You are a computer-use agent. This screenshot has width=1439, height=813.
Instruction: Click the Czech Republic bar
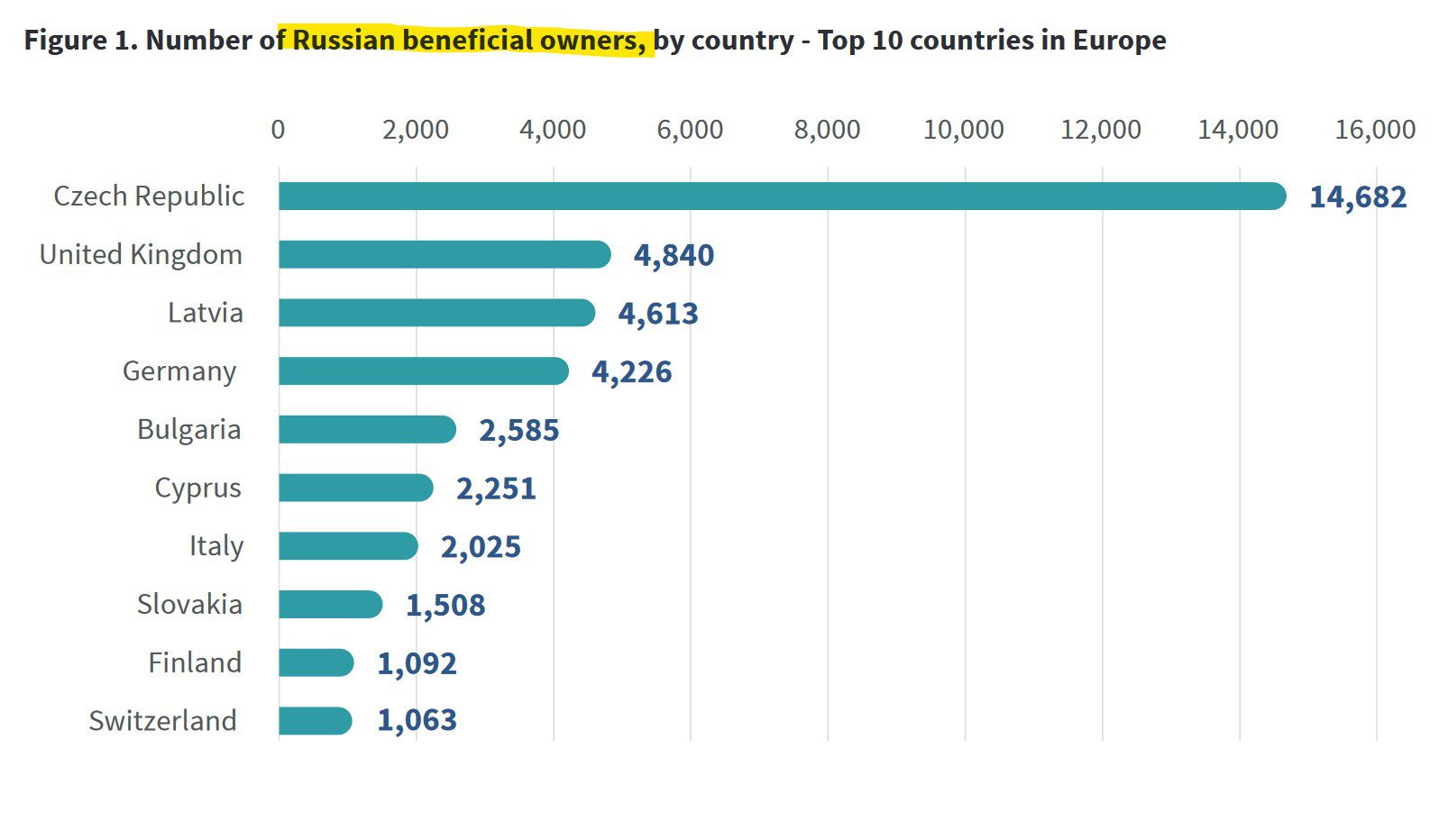(782, 196)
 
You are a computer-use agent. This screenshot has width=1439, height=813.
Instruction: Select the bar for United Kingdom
(444, 254)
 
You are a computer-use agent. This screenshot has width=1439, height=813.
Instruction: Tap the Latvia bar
(436, 313)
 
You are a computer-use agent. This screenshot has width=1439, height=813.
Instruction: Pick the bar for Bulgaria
(367, 429)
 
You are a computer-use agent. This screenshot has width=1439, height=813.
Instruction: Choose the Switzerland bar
(315, 721)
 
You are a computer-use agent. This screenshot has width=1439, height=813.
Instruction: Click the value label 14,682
(1357, 196)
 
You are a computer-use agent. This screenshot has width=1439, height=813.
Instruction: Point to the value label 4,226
(631, 371)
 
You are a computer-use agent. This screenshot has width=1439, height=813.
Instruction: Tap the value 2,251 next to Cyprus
(496, 489)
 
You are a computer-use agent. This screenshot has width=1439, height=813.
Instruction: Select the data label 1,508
(445, 605)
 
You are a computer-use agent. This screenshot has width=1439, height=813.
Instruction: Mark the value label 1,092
(417, 663)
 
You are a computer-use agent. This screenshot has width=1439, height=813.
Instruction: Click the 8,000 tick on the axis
(827, 130)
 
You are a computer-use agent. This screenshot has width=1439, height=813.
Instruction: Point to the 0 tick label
(278, 130)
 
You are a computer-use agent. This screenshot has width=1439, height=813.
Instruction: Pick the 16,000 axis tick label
(1375, 130)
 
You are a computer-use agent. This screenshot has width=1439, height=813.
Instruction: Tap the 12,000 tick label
(1101, 130)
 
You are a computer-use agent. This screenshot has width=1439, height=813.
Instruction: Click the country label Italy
(216, 546)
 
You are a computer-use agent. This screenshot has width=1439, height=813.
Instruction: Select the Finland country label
(195, 662)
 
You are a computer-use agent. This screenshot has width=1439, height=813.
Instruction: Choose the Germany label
(179, 371)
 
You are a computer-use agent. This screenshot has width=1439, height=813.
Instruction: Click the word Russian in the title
(344, 41)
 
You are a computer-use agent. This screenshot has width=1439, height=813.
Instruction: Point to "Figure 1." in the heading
(80, 41)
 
